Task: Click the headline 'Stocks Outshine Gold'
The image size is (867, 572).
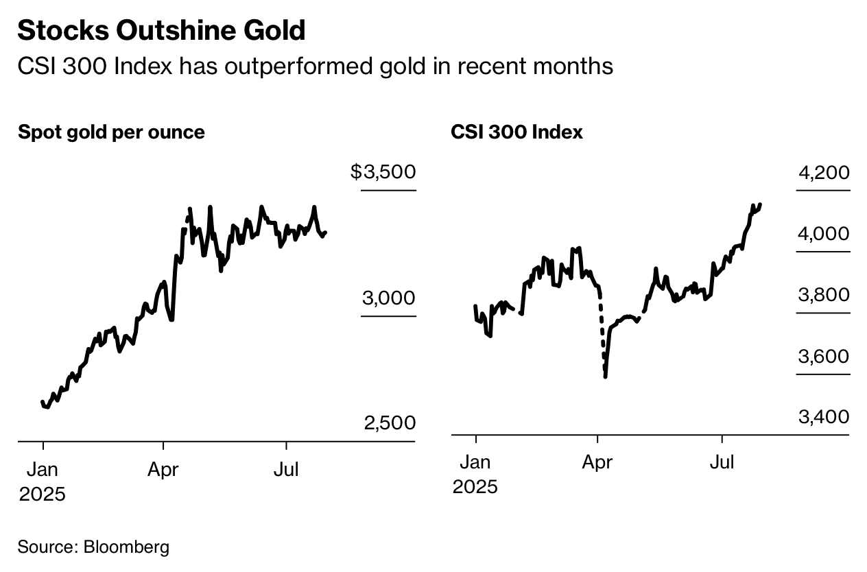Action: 161,31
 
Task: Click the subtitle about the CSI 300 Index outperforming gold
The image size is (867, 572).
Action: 315,66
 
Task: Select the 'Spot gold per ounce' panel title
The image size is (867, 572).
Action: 111,132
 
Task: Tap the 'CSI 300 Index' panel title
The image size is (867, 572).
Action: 516,132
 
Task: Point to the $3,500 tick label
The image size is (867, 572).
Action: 383,171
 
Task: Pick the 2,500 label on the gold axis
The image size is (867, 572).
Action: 390,423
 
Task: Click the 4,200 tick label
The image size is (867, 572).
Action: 824,173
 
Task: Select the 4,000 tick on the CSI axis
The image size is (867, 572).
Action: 824,234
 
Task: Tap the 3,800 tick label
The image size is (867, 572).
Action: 824,295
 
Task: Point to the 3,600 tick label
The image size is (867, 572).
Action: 824,357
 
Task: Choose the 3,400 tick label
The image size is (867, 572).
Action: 824,417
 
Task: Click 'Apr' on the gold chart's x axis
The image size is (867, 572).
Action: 163,470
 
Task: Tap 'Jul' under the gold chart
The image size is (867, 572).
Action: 285,470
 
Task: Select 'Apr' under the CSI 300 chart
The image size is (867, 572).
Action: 597,463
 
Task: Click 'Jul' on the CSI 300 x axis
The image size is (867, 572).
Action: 721,463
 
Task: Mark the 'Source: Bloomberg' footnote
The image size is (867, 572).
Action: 93,547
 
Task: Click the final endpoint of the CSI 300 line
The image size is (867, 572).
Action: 761,204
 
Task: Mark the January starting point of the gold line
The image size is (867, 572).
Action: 43,402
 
